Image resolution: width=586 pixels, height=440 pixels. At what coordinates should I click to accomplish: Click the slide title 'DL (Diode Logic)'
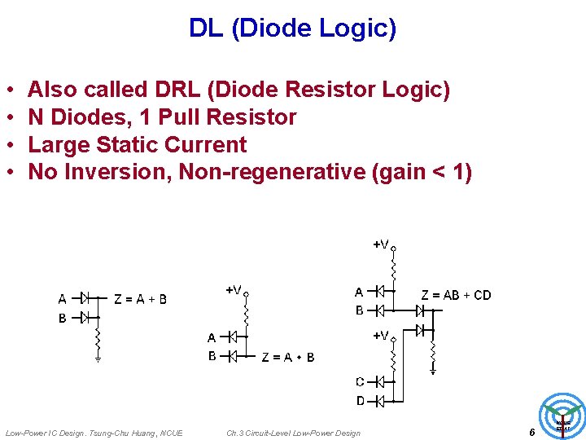point(292,29)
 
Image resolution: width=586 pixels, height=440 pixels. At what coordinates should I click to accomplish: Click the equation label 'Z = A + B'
point(140,299)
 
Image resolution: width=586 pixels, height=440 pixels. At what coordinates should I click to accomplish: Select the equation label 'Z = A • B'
point(288,357)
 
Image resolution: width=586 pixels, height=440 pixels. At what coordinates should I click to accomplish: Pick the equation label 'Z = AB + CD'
point(456,295)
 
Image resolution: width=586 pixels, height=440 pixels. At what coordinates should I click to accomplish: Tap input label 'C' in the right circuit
point(360,381)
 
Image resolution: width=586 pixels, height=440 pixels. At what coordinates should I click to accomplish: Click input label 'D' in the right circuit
point(360,400)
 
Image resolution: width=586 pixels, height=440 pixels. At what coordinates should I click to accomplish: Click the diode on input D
point(379,400)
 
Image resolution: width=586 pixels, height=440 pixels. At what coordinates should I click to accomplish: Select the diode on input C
point(379,381)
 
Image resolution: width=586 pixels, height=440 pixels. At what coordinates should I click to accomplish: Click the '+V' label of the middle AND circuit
point(234,289)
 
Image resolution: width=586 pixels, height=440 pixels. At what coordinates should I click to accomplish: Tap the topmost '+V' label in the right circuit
point(381,244)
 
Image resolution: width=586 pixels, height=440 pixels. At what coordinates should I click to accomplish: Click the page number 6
point(531,433)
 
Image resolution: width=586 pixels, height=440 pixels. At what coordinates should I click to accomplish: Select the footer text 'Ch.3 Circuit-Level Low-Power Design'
point(293,433)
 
